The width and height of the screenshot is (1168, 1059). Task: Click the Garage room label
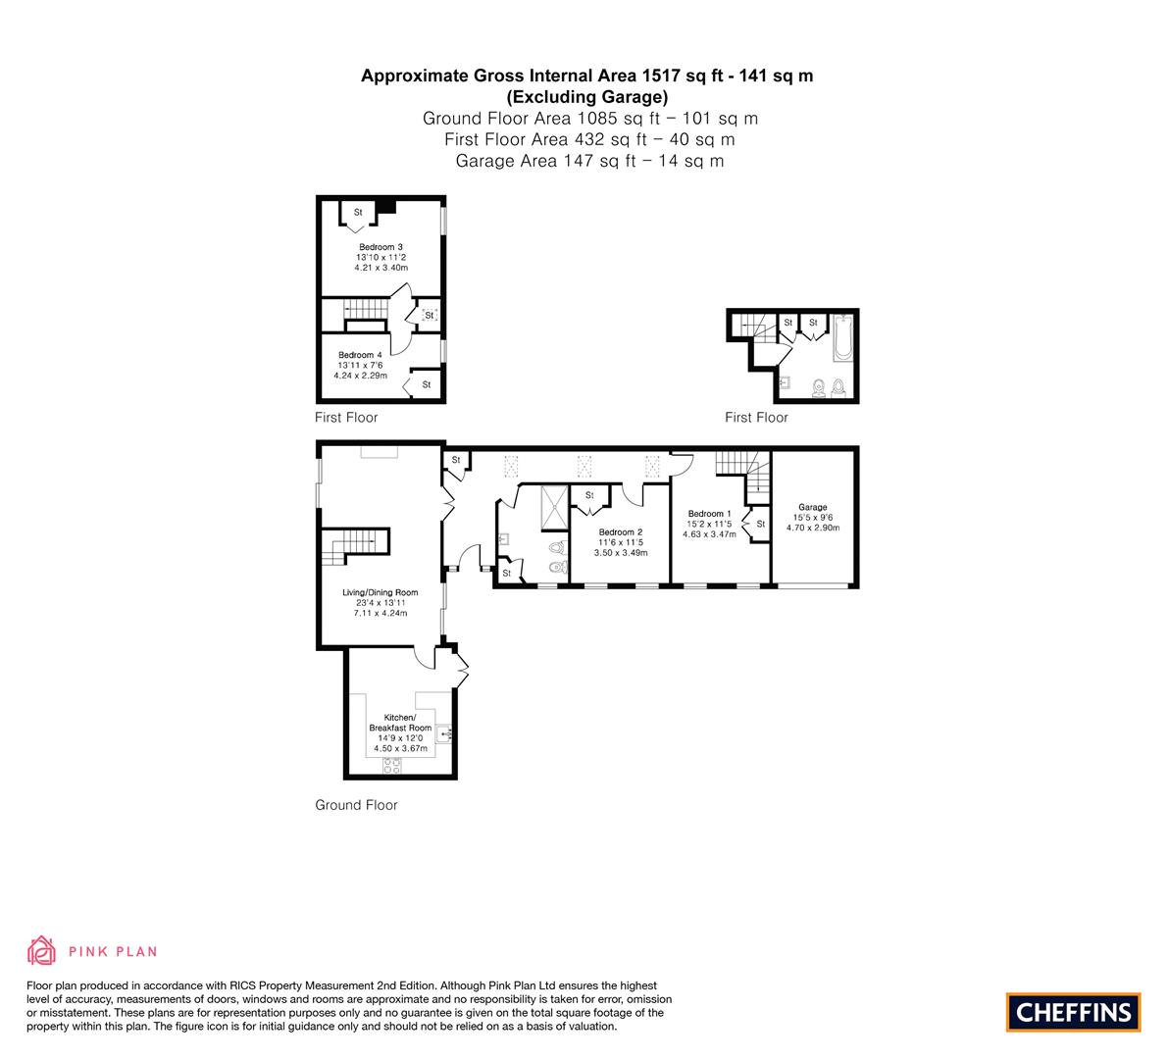click(x=813, y=507)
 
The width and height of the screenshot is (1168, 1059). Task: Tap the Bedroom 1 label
click(x=709, y=514)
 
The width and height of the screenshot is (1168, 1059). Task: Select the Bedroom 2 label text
click(x=621, y=532)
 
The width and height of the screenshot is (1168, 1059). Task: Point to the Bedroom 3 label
click(x=381, y=247)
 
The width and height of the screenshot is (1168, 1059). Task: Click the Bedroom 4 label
click(x=360, y=355)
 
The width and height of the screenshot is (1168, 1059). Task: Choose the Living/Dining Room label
click(x=380, y=593)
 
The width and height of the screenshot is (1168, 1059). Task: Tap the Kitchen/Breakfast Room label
click(x=400, y=723)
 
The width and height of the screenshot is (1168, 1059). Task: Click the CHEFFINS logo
click(x=1074, y=1012)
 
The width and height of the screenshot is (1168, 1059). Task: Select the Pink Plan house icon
click(x=41, y=950)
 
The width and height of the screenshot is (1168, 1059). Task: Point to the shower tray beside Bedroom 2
click(x=554, y=507)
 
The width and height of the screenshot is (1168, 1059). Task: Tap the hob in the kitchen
click(x=392, y=765)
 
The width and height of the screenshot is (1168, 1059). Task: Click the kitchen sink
click(x=444, y=734)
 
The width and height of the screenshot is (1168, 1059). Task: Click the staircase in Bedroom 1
click(x=742, y=472)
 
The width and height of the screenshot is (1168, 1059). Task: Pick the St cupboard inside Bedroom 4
click(x=423, y=384)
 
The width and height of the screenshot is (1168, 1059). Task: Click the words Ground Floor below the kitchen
click(x=356, y=805)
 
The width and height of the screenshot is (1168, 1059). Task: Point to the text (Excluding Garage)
click(x=587, y=97)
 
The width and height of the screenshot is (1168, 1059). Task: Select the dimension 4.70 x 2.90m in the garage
click(x=813, y=528)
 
